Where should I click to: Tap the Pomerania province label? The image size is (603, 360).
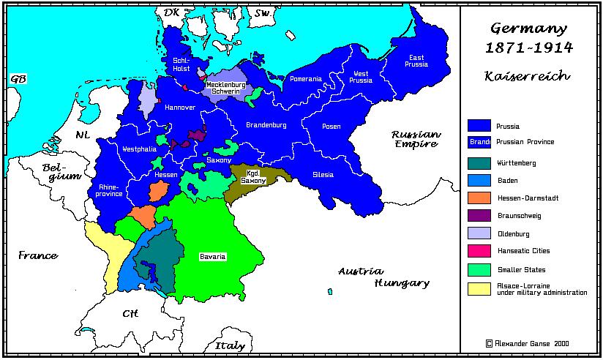(305, 79)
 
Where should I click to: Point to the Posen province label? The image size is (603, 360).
(331, 127)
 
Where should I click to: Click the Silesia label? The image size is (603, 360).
(323, 175)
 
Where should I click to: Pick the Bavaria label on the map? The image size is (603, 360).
(213, 257)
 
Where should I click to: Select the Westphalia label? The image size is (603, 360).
(140, 149)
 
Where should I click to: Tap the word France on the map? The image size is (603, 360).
(38, 255)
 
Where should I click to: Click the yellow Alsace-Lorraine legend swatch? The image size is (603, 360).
(479, 288)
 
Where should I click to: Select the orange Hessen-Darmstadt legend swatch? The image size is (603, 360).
(479, 198)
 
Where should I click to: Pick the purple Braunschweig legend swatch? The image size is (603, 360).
(479, 216)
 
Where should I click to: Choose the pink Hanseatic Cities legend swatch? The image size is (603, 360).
(479, 251)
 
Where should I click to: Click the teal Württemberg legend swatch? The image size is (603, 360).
(479, 162)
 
